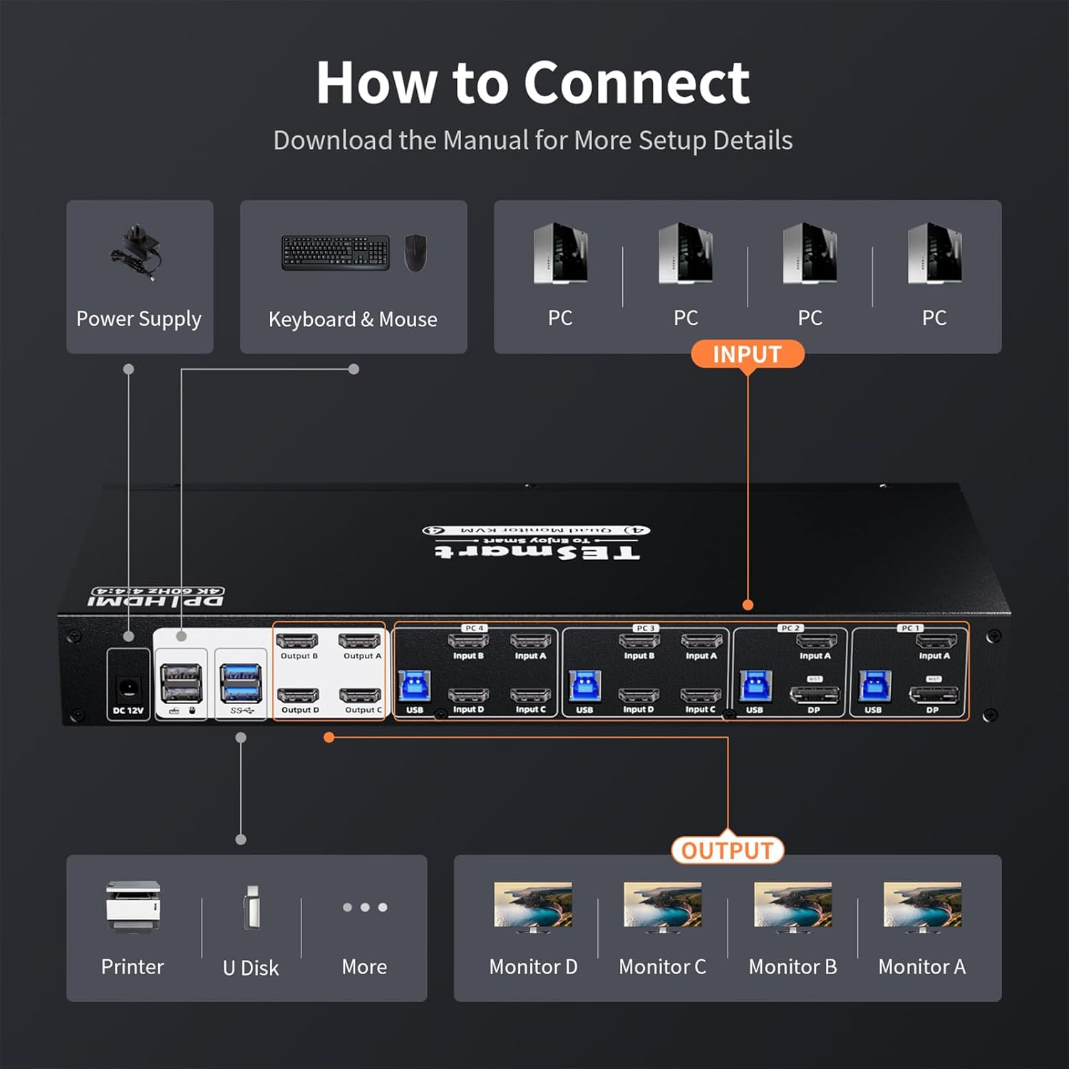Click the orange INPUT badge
(747, 354)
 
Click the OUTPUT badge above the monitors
(727, 850)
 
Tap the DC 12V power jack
(128, 688)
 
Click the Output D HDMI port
(298, 696)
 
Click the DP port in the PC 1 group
(933, 694)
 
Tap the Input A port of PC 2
(816, 641)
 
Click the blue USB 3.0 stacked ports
(241, 682)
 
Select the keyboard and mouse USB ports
(181, 682)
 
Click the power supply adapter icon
(137, 252)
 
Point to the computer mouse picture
(415, 253)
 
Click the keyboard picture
(336, 253)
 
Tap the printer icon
(133, 907)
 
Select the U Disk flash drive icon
(252, 907)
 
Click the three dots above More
(365, 907)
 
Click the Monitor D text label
(533, 967)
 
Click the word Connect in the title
(636, 83)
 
